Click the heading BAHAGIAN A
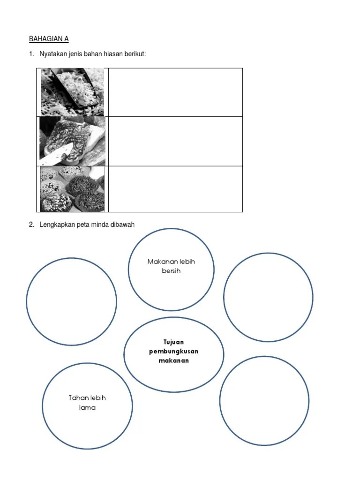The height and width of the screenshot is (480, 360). [49, 39]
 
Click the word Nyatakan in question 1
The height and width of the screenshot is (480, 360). [50, 54]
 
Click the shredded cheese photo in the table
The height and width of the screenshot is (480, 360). [73, 92]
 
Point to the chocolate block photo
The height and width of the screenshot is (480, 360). [73, 141]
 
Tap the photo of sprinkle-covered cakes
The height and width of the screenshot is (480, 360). [72, 189]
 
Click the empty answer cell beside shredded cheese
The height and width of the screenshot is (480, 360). [175, 92]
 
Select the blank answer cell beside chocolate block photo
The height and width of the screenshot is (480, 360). [175, 142]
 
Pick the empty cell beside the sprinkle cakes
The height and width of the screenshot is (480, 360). [175, 189]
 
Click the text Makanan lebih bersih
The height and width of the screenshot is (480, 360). [171, 266]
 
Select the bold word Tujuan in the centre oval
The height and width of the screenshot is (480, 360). [173, 342]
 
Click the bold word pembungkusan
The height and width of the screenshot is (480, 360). [173, 351]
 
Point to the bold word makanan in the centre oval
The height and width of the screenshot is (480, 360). [173, 360]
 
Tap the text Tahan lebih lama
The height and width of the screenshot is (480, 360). [87, 403]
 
